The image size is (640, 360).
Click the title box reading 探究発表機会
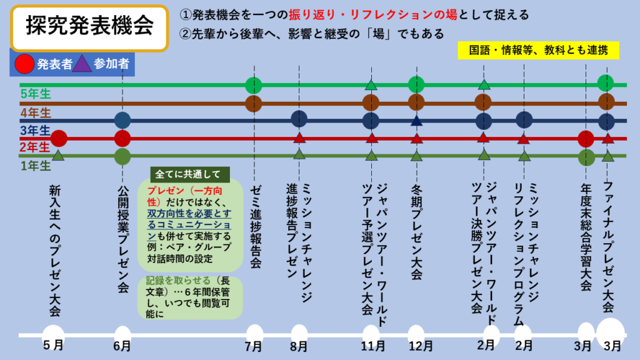89,27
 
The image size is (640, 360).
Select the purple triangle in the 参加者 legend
82,63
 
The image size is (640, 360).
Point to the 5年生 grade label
35,94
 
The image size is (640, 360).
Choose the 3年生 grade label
35,130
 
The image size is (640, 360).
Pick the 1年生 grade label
35,166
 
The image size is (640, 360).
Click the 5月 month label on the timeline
54,345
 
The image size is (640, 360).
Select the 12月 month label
416,345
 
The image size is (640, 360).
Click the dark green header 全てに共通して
184,175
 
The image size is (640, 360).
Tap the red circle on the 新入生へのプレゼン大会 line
59,138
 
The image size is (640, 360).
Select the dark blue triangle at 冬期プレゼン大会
417,120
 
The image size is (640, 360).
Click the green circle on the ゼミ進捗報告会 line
254,85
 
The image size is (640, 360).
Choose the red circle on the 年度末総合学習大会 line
586,138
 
